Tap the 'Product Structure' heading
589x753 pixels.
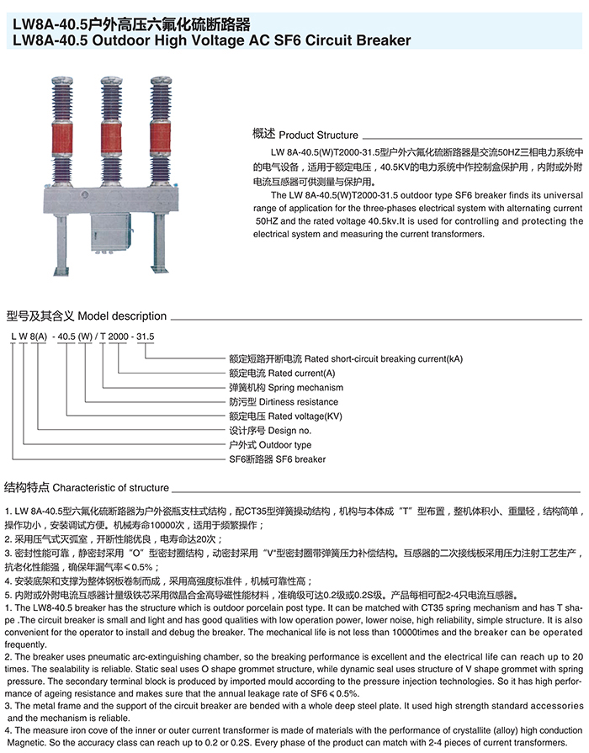coord(318,135)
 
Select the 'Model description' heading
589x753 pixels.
coord(122,316)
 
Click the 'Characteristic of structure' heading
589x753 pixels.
coord(110,488)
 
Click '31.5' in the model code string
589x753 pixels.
coord(146,336)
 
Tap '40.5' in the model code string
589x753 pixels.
coord(65,336)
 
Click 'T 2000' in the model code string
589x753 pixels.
coord(114,336)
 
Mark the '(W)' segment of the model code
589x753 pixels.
coord(85,336)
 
